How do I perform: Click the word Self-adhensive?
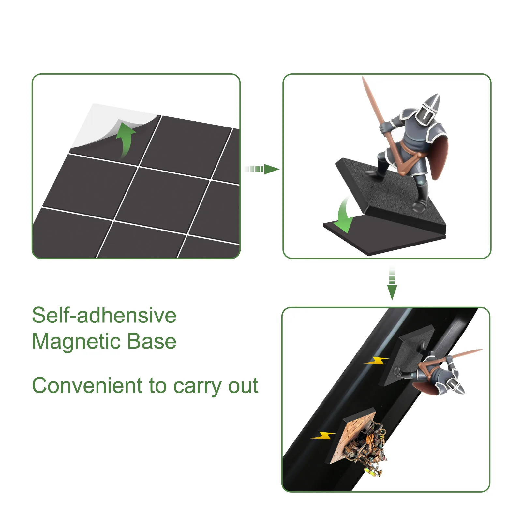point(104,315)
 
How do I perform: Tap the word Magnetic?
point(76,342)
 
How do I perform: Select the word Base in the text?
point(152,341)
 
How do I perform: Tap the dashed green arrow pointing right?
point(262,169)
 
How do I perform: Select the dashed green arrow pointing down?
point(392,283)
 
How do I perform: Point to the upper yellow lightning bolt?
point(377,360)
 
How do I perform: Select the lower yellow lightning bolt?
point(323,435)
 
